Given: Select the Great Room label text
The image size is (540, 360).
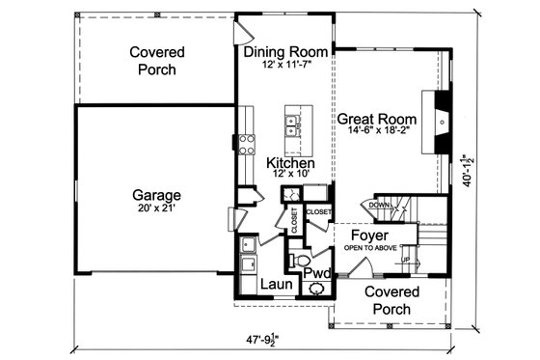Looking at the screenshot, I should tap(379, 122).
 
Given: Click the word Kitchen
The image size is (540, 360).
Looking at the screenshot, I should tap(291, 165).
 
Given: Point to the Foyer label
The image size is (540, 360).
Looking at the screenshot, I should tap(368, 235).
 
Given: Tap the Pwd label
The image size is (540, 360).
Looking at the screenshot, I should tap(317, 274).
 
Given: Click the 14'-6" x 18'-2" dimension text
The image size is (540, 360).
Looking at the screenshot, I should tap(379, 136).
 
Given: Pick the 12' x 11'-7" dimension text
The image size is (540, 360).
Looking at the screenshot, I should tap(284, 65).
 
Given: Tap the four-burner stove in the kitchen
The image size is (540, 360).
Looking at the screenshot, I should tap(247, 145).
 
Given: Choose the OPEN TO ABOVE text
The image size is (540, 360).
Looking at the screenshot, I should tap(368, 247).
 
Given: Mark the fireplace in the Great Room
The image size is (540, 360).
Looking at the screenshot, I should tap(440, 121).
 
